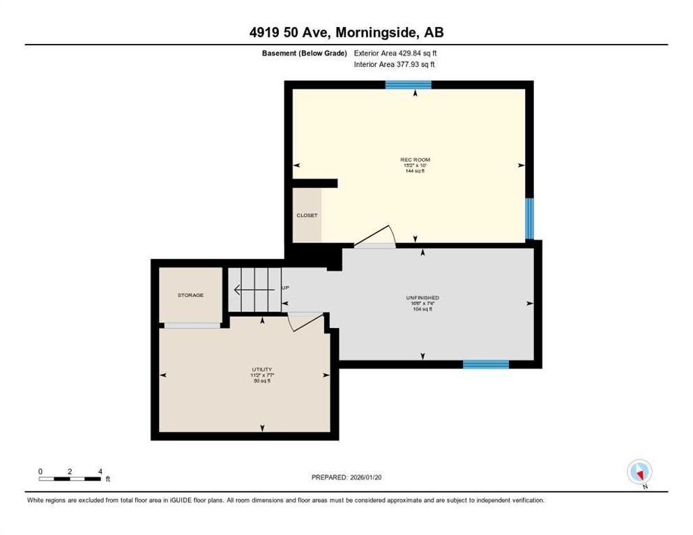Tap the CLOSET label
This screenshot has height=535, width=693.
pyautogui.click(x=307, y=215)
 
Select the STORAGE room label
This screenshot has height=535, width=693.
pyautogui.click(x=190, y=295)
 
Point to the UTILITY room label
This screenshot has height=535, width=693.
pyautogui.click(x=262, y=369)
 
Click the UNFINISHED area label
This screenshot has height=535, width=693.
pyautogui.click(x=422, y=297)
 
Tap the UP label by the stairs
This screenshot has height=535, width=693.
pyautogui.click(x=285, y=287)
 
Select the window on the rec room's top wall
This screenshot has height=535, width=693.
pyautogui.click(x=409, y=85)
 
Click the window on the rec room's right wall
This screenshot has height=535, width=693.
pyautogui.click(x=529, y=218)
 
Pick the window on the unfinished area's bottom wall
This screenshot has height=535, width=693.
pyautogui.click(x=486, y=364)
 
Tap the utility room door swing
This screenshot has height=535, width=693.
pyautogui.click(x=307, y=320)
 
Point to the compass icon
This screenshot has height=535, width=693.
pyautogui.click(x=639, y=472)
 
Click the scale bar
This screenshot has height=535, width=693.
pyautogui.click(x=70, y=479)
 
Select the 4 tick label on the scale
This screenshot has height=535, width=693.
pyautogui.click(x=100, y=471)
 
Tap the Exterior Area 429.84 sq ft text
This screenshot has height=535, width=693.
pyautogui.click(x=395, y=53)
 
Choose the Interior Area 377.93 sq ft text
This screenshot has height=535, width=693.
pyautogui.click(x=395, y=65)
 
